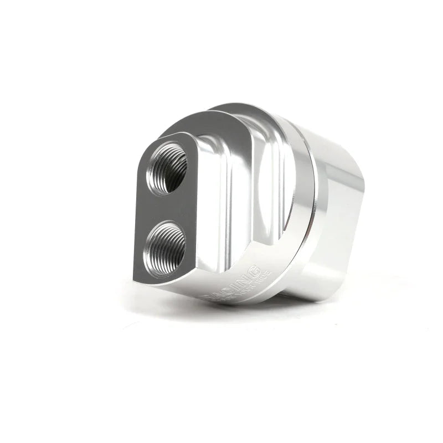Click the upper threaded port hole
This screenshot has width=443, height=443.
(166, 168)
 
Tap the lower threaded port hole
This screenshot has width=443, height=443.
(164, 245)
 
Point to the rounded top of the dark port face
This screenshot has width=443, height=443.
(161, 140)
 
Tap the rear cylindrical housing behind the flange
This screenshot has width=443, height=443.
(338, 221)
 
